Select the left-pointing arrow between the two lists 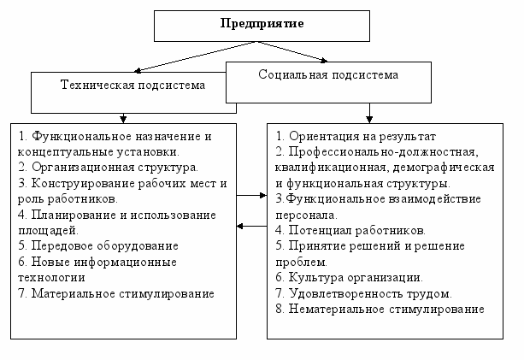pos(250,226)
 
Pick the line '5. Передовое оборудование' pos(98,245)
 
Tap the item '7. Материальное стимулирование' pos(116,292)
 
